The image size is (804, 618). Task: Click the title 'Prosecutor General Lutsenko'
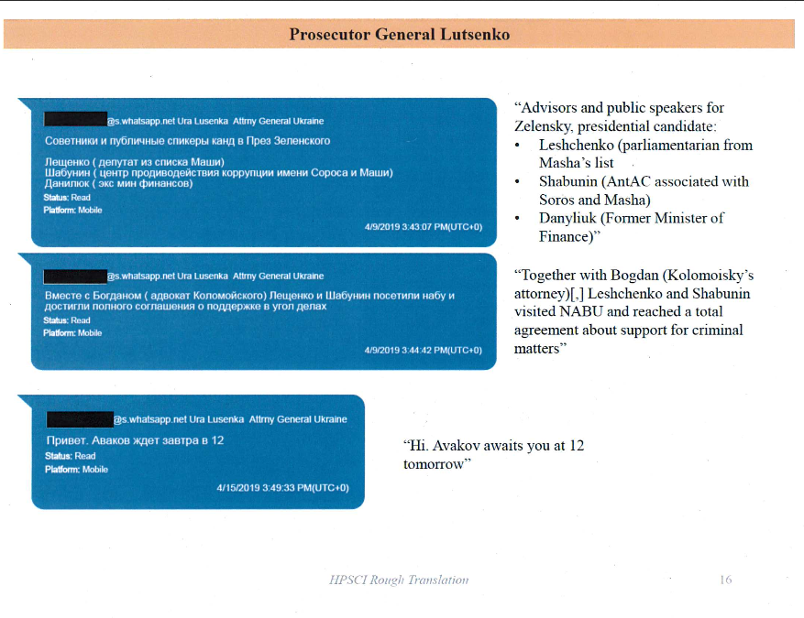(x=400, y=35)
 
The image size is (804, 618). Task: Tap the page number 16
(x=725, y=580)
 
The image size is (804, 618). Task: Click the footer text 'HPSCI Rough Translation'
(x=399, y=580)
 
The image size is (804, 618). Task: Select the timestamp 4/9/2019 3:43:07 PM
(x=423, y=226)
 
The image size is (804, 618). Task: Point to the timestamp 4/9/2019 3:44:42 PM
(x=423, y=350)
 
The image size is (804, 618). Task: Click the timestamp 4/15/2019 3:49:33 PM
(x=282, y=488)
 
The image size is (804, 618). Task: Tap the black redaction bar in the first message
(x=75, y=120)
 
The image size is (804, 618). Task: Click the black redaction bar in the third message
(x=80, y=419)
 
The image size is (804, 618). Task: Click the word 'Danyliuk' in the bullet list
(x=568, y=218)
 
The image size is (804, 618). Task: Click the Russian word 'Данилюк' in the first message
(x=65, y=183)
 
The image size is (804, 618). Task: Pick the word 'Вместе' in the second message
(x=62, y=296)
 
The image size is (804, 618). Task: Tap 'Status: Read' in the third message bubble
(x=70, y=456)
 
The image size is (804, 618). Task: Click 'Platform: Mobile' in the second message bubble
(x=72, y=333)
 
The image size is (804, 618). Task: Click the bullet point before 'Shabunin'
(x=518, y=182)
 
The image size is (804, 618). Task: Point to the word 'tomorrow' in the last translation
(x=436, y=464)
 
